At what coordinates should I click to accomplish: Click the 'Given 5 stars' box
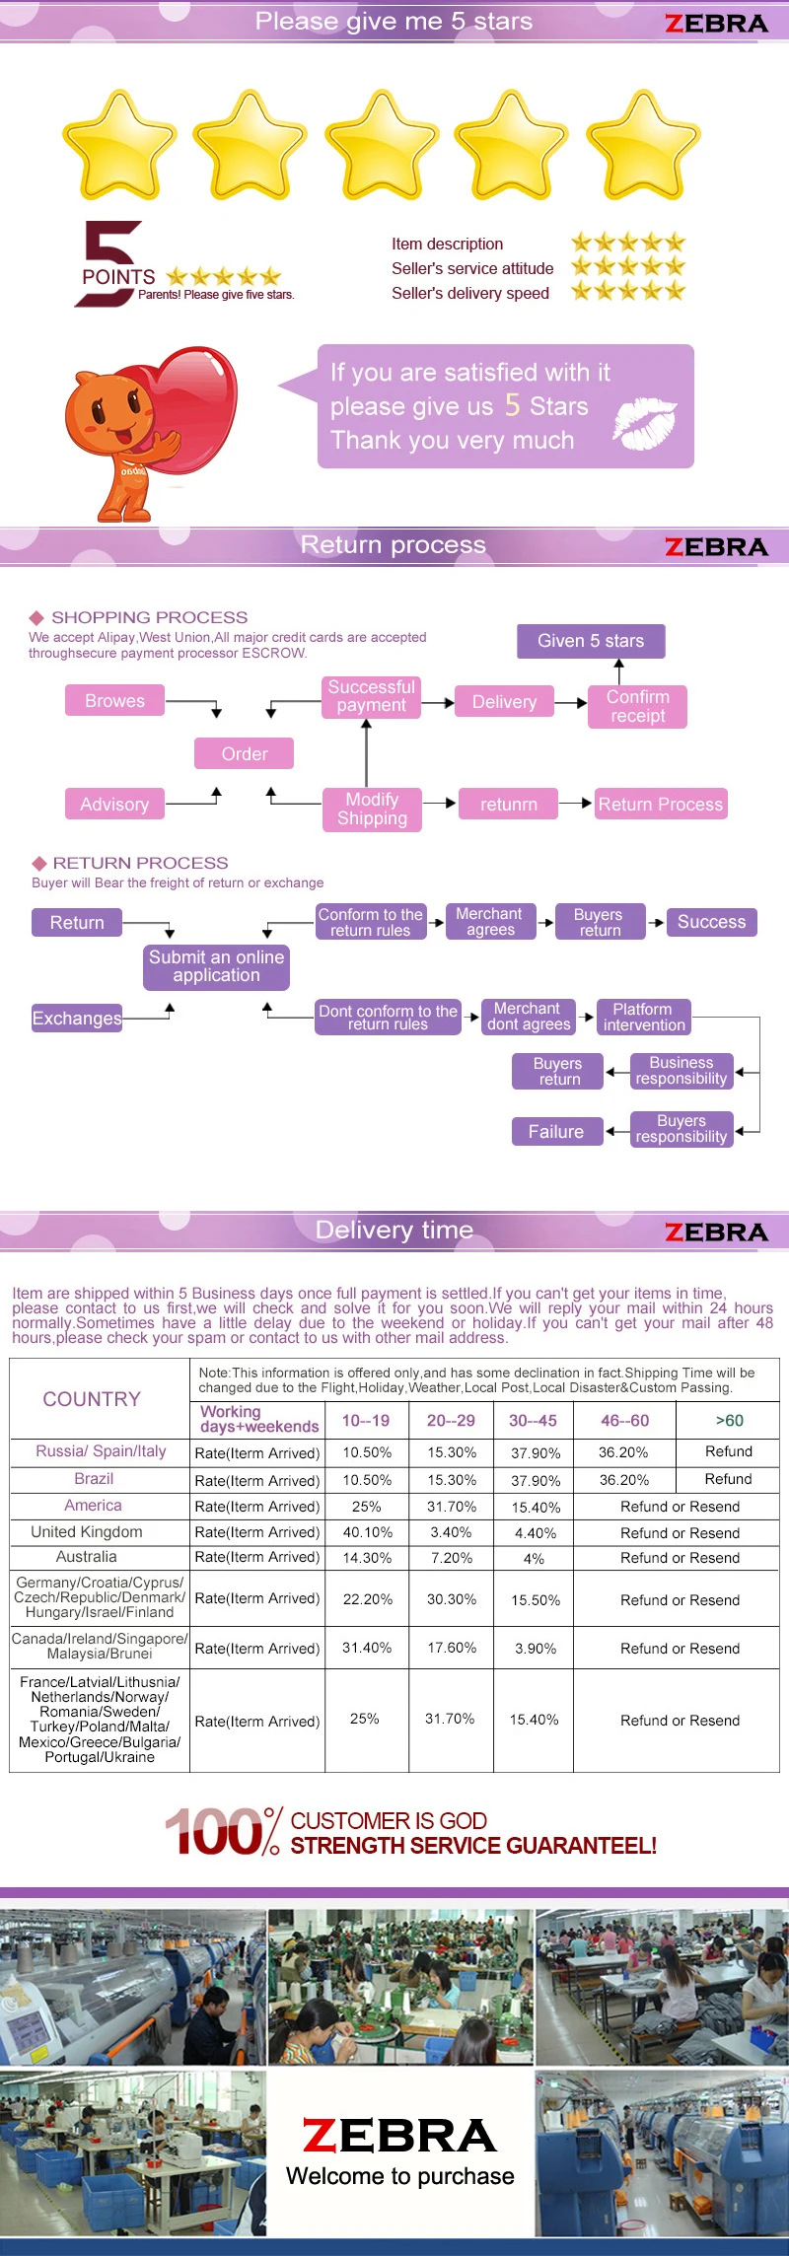[x=591, y=641]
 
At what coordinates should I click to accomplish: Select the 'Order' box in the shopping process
[x=244, y=753]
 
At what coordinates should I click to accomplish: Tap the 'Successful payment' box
[x=372, y=696]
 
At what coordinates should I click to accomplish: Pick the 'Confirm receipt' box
[x=637, y=706]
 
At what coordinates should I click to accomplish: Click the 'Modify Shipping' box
[x=372, y=809]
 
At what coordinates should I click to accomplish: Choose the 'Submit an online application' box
[x=216, y=966]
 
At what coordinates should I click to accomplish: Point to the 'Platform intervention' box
[x=644, y=1017]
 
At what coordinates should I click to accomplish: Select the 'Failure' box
[x=556, y=1131]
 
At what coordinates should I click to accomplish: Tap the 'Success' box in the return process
[x=711, y=922]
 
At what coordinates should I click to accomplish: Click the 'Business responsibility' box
[x=681, y=1071]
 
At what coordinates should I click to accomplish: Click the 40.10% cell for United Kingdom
[x=367, y=1532]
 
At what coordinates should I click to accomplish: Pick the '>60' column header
[x=729, y=1420]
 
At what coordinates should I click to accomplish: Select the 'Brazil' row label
[x=94, y=1479]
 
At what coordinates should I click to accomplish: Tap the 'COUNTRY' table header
[x=92, y=1399]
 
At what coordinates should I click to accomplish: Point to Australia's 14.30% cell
[x=367, y=1558]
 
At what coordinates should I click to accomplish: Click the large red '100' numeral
[x=213, y=1832]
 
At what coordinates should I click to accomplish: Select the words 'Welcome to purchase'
[x=400, y=2176]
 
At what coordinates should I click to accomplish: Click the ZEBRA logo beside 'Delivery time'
[x=716, y=1232]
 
